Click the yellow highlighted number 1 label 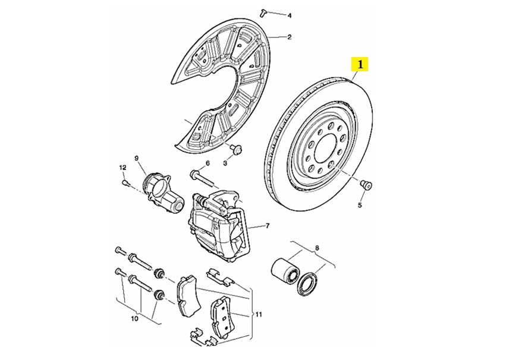[x=360, y=64]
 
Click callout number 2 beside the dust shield [x=289, y=37]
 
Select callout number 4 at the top [x=290, y=15]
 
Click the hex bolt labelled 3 [x=236, y=148]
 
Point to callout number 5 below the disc [x=359, y=205]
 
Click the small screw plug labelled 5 [x=366, y=185]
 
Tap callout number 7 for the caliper [x=268, y=226]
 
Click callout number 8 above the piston [x=317, y=248]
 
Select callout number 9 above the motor [x=136, y=159]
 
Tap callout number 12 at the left [x=122, y=167]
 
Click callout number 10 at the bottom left [x=134, y=319]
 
